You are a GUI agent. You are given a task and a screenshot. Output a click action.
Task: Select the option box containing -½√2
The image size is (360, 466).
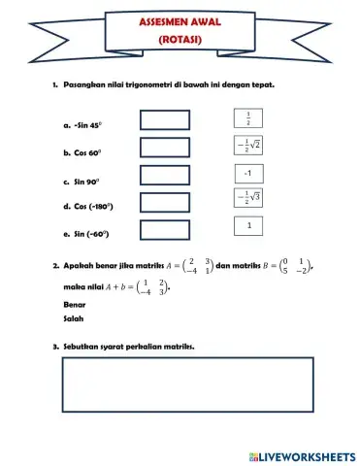click(x=249, y=147)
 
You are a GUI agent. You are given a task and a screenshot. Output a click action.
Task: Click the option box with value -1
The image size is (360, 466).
click(x=249, y=173)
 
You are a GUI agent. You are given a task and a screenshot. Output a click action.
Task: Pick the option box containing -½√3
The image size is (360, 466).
click(x=249, y=199)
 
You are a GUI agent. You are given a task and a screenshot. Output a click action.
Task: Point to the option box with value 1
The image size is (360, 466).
click(x=249, y=226)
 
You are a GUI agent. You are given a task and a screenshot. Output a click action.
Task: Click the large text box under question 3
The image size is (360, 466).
click(x=188, y=386)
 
